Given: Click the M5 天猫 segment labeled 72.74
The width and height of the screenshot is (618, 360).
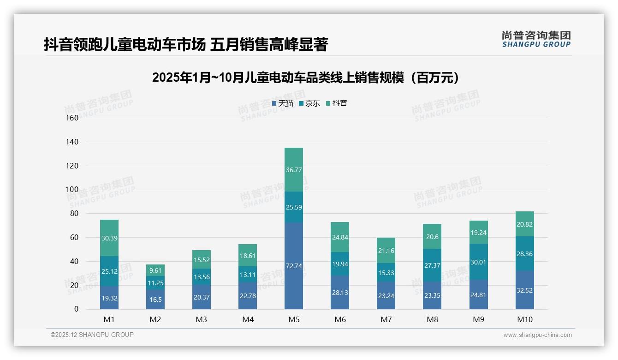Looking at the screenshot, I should pos(294,266).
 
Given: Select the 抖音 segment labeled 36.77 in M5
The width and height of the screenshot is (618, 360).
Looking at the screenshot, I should pos(294,170).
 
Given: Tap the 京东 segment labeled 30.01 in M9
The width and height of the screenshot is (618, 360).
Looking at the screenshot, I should pos(478,262).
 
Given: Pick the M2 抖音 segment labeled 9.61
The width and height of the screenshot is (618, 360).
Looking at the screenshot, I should pos(155,270).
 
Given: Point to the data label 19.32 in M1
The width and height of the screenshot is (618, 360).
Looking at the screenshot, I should pos(109,298).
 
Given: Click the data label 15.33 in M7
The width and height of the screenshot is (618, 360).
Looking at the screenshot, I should pos(386,274).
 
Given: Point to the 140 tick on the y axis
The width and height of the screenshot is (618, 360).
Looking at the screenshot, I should pos(72,142).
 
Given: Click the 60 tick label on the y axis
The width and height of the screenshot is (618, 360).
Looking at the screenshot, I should pos(74,237).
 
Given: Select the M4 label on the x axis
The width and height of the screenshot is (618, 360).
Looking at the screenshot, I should pos(248,319).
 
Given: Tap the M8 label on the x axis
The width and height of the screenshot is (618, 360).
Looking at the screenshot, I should pos(432,319).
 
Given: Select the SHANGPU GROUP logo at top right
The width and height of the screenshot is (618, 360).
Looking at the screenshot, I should pos(536,39).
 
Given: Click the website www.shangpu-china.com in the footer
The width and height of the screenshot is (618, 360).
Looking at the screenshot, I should pos(537,335).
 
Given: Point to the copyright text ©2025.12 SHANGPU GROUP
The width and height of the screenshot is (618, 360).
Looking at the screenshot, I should pos(92,335).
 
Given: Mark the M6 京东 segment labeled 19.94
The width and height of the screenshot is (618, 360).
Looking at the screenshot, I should pos(340,264).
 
